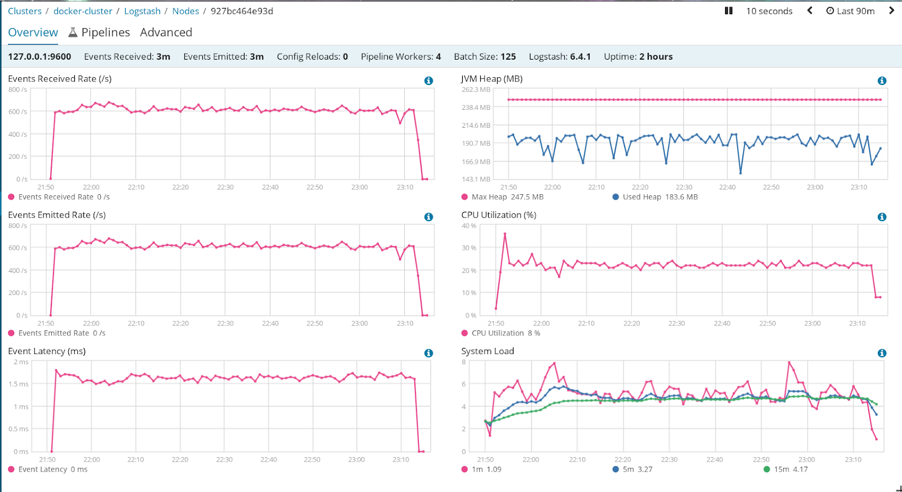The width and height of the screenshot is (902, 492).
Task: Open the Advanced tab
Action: tap(166, 33)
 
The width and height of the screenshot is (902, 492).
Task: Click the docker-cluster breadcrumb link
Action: tap(83, 11)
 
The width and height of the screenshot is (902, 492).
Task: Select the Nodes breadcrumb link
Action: tap(185, 11)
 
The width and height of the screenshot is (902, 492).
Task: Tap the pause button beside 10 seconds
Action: tap(728, 11)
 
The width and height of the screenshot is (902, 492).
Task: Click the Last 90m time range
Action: tap(851, 11)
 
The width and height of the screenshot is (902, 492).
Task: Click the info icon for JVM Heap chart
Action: tap(882, 81)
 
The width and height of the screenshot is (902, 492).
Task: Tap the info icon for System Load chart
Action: tap(882, 354)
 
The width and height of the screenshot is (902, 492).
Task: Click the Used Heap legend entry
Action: tap(655, 197)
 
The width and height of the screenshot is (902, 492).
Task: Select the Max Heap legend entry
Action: tap(502, 197)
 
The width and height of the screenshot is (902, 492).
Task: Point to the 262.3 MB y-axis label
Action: tap(476, 90)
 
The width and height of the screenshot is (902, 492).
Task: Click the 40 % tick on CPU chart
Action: tap(469, 226)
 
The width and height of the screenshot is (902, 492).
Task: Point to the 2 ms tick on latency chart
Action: tap(21, 362)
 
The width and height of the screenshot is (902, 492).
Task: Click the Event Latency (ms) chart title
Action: tap(47, 351)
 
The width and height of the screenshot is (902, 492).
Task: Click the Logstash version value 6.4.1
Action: tap(580, 57)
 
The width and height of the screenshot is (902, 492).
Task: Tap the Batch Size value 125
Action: tap(508, 57)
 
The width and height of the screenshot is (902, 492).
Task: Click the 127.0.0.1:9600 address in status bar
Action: tap(39, 57)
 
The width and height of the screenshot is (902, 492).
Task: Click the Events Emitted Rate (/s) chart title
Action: tap(57, 215)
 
